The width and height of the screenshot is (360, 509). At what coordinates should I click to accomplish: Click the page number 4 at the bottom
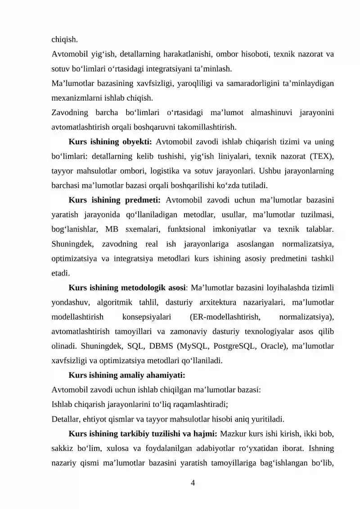[x=193, y=483]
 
